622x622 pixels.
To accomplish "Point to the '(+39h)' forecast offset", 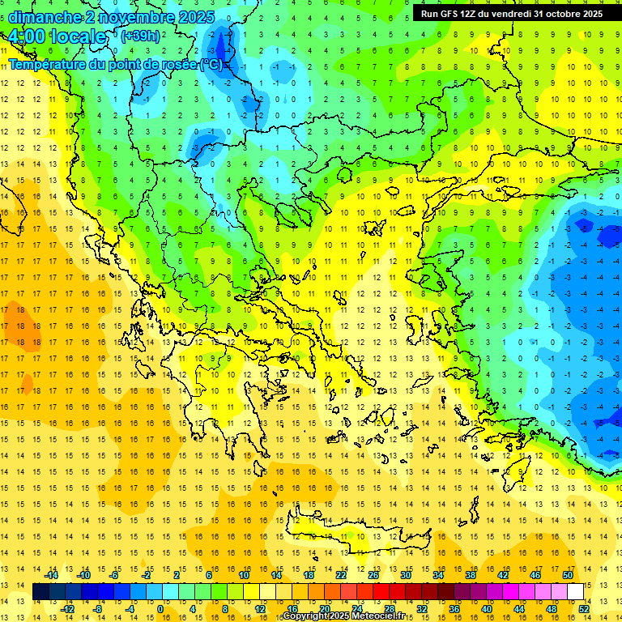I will (139, 36).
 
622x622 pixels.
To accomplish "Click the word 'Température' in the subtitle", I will (49, 64).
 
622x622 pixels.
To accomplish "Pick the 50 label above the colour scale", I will (567, 575).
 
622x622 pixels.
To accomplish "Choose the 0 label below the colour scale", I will (160, 609).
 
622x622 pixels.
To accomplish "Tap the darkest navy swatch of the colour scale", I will (41, 592).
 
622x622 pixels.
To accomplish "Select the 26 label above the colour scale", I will (373, 575).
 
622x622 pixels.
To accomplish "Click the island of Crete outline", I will (364, 539).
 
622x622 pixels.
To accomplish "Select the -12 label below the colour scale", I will (67, 609).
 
